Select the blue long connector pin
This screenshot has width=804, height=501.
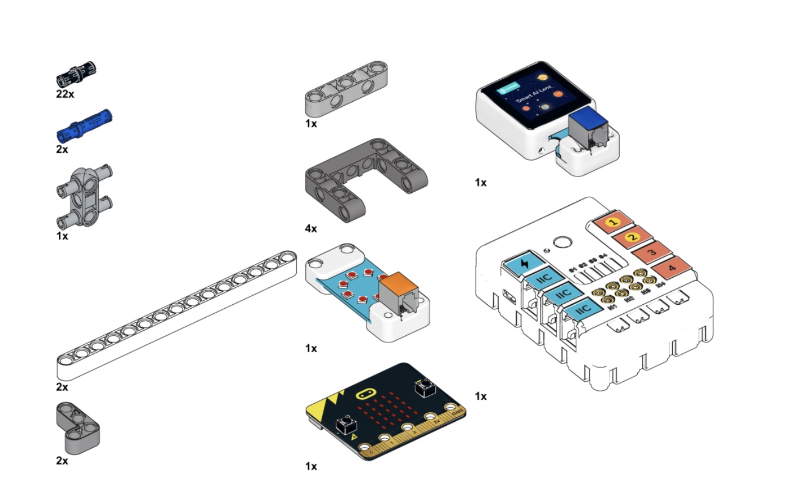tap(84, 125)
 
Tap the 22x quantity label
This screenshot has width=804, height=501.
tap(65, 94)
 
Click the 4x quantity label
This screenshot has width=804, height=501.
tap(311, 228)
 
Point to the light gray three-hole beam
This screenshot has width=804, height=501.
tap(346, 88)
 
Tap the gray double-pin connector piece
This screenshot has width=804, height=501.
tap(85, 196)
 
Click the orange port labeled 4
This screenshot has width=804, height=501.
tap(671, 267)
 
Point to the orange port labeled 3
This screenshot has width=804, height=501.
tap(652, 252)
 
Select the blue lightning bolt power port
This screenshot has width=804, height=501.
tap(524, 263)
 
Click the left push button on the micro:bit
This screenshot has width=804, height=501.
tap(345, 424)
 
